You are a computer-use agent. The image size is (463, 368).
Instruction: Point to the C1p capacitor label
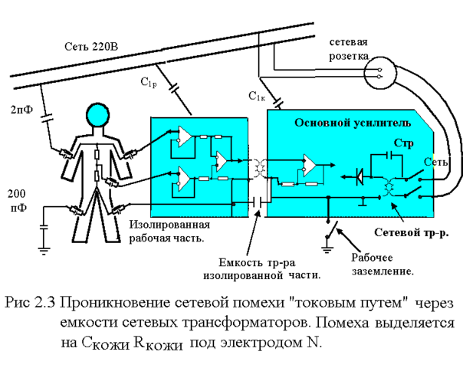[149, 81]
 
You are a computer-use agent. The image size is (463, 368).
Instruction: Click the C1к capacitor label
[257, 96]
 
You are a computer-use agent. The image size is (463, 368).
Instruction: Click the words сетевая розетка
[349, 48]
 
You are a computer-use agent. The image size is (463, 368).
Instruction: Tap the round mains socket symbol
[379, 74]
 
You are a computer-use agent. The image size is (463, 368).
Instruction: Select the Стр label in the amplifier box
[402, 143]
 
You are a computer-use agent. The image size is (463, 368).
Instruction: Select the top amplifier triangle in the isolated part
[184, 136]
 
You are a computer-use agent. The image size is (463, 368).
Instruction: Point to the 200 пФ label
[18, 200]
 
